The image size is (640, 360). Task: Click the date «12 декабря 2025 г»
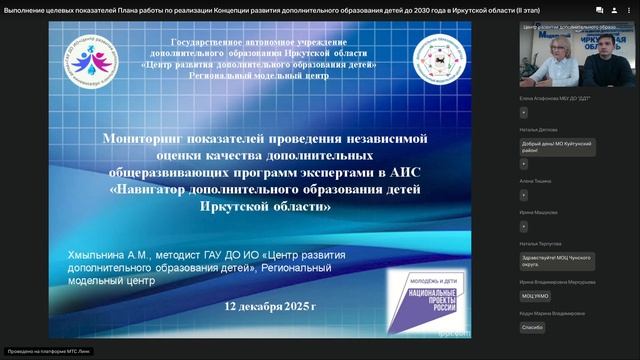270,304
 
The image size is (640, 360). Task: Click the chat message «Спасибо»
532,327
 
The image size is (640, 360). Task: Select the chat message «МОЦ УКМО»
535,296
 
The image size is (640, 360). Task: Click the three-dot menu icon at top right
629,8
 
